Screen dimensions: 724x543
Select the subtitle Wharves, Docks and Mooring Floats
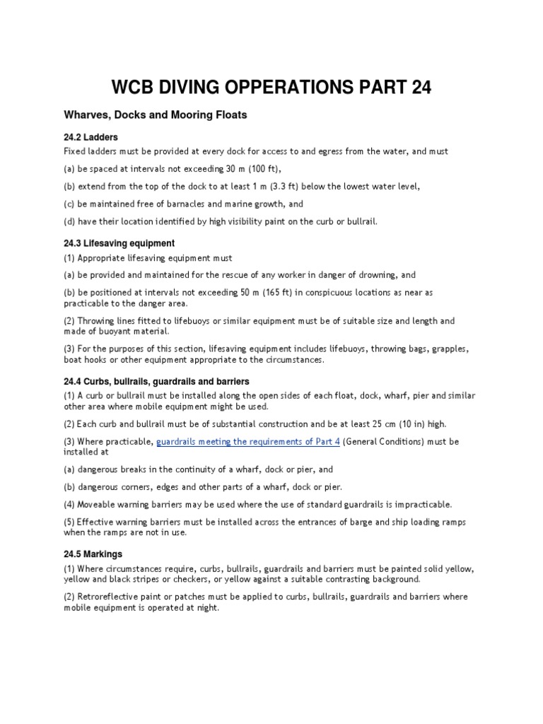click(x=155, y=115)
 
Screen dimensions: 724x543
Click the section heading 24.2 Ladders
click(x=90, y=137)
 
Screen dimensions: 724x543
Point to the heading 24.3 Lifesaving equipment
click(x=119, y=243)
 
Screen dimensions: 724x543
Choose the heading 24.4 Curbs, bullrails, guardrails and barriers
click(x=156, y=381)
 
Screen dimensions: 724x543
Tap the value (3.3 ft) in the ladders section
click(x=322, y=187)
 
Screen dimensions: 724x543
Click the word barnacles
click(x=187, y=204)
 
